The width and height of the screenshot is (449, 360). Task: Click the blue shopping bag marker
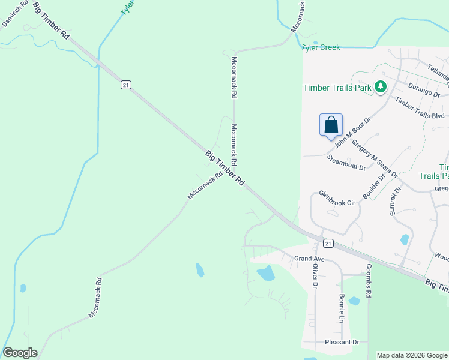(x=331, y=125)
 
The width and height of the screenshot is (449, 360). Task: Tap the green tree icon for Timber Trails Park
(x=380, y=88)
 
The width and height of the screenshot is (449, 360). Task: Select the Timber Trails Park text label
(x=337, y=88)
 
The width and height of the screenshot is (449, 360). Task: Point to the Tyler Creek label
(x=321, y=47)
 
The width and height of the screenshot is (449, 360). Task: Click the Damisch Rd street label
(x=15, y=14)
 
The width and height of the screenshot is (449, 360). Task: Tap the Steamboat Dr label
(x=346, y=163)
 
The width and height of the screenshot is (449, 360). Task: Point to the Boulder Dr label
(x=374, y=188)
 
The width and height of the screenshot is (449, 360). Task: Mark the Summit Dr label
(x=394, y=200)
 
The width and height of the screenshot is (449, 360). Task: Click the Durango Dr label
(x=424, y=91)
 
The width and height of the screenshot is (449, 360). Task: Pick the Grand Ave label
(x=309, y=259)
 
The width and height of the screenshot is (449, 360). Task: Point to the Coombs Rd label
(x=369, y=279)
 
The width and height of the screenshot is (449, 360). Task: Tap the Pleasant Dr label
(x=342, y=342)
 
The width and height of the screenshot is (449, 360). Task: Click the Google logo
(x=20, y=353)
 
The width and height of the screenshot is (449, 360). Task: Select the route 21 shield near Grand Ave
(x=327, y=243)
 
